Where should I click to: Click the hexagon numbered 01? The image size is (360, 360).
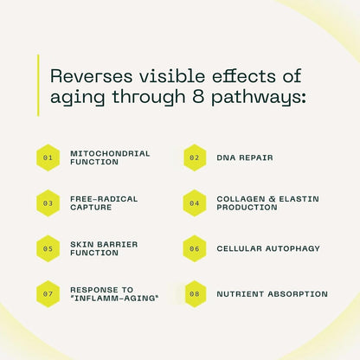tap(48, 157)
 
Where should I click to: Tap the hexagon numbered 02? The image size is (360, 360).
tap(195, 157)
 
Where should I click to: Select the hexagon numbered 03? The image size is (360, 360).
tap(48, 203)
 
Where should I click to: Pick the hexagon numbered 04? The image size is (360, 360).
tap(195, 203)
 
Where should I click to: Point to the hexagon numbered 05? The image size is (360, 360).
tap(48, 248)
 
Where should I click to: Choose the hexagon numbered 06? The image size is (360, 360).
tap(195, 248)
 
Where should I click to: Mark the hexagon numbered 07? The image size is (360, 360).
tap(48, 294)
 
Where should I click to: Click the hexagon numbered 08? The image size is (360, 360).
tap(195, 294)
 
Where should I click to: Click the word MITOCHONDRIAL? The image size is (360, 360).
tap(110, 153)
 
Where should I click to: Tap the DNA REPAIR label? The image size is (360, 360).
tap(245, 157)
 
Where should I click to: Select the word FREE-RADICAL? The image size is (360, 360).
tap(104, 199)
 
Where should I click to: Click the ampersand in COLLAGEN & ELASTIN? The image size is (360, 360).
tap(272, 199)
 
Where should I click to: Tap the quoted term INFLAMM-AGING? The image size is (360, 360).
tap(114, 299)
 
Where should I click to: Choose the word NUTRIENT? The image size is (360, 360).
tap(241, 294)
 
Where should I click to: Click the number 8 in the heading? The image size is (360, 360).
tap(197, 96)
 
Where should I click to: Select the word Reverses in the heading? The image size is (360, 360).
tap(92, 76)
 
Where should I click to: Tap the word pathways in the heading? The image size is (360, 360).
tap(258, 98)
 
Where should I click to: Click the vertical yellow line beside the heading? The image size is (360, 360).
tap(38, 86)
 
